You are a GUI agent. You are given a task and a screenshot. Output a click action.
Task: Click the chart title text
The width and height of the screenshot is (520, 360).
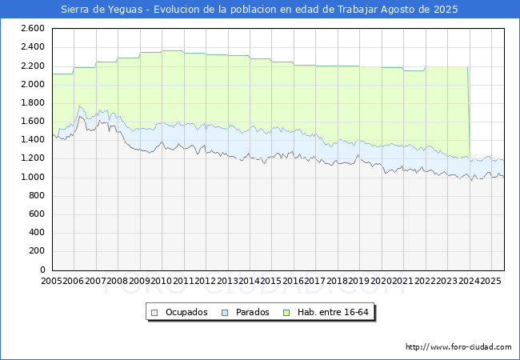260,10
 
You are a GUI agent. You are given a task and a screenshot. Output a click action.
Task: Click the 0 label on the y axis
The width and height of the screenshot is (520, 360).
41,270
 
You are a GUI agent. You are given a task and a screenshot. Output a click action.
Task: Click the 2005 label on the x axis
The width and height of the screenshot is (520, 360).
52,281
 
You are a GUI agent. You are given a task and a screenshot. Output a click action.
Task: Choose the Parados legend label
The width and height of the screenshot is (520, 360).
253,312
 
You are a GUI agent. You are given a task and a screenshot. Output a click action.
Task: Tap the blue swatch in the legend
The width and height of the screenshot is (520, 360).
226,312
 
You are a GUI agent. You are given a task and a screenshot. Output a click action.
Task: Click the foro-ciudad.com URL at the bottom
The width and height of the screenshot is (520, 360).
458,347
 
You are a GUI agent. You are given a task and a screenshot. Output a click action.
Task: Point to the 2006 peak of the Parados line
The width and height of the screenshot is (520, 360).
80,106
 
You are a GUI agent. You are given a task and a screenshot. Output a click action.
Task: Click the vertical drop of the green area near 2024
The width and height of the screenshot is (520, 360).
469,112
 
